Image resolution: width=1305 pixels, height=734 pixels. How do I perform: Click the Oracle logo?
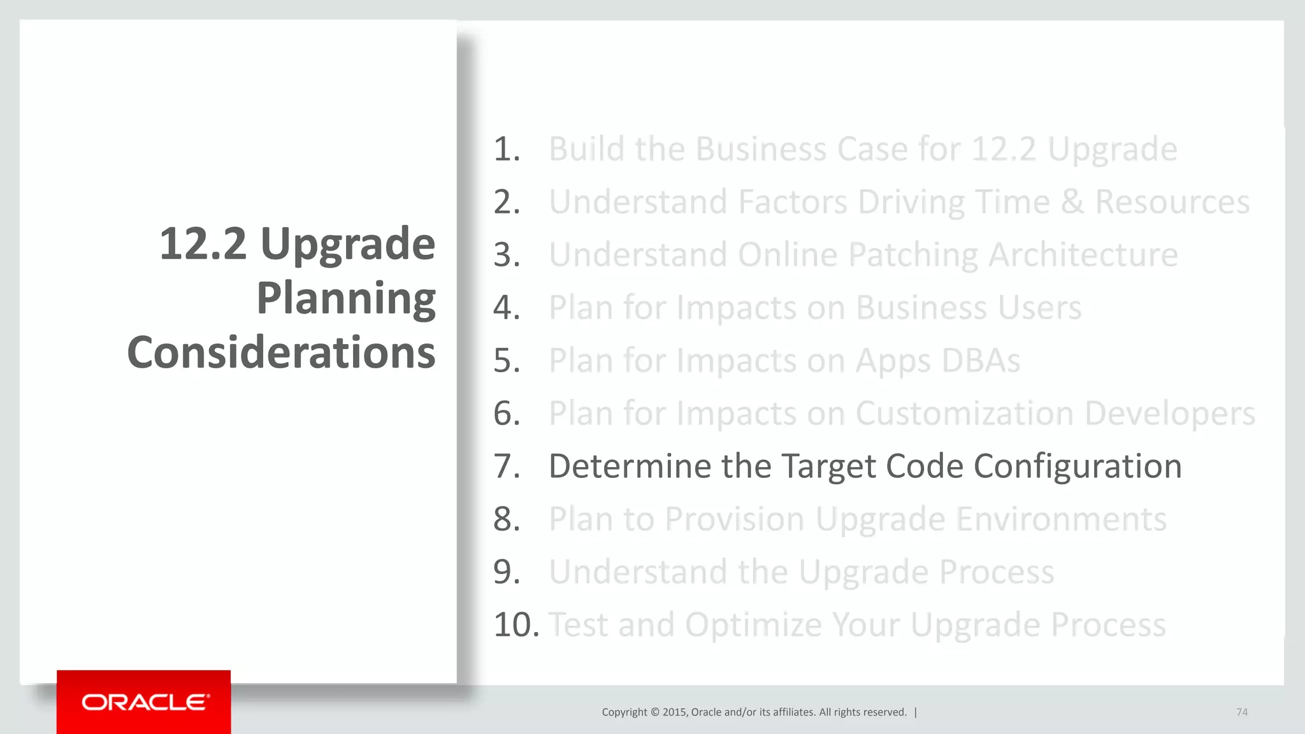point(145,702)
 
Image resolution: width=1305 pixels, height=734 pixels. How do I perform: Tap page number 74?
point(1241,712)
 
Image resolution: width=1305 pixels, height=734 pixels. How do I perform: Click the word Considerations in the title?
point(281,352)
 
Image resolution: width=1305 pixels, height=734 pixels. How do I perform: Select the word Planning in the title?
point(346,298)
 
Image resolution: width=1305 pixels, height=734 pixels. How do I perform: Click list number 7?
point(507,466)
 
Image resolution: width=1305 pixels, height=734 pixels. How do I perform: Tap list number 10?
point(515,624)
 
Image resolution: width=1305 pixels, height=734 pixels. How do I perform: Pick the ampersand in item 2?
point(1072,202)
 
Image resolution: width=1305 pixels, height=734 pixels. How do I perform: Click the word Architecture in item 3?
point(1083,255)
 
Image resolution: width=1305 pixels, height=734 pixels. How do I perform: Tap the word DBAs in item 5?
point(981,361)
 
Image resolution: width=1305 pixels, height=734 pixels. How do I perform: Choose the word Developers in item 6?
point(1169,414)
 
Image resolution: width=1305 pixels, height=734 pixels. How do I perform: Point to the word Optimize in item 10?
point(753,624)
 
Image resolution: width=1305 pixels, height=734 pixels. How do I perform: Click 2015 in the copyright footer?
point(674,712)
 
